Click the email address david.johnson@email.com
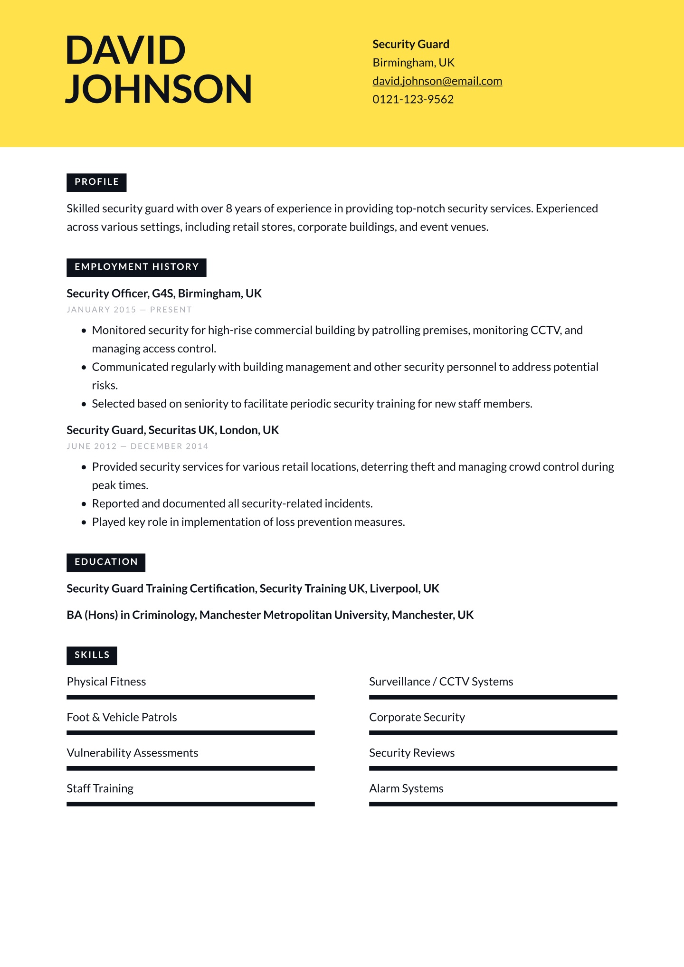point(437,81)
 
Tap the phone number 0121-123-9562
point(413,99)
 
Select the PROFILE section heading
point(96,182)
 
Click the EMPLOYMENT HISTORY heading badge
point(136,267)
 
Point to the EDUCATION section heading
point(106,562)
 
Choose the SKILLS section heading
point(92,655)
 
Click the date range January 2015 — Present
point(129,310)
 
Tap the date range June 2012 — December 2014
point(137,446)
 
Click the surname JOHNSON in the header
point(158,89)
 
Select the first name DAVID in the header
point(125,50)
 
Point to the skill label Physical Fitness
point(106,682)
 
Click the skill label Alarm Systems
point(406,788)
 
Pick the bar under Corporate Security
point(493,733)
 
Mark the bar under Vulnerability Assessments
point(190,768)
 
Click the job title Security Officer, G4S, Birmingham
point(164,294)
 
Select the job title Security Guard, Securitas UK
point(172,430)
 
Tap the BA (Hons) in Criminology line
point(270,615)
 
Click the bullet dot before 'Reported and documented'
point(84,504)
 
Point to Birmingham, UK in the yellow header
point(413,63)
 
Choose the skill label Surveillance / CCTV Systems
point(441,682)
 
